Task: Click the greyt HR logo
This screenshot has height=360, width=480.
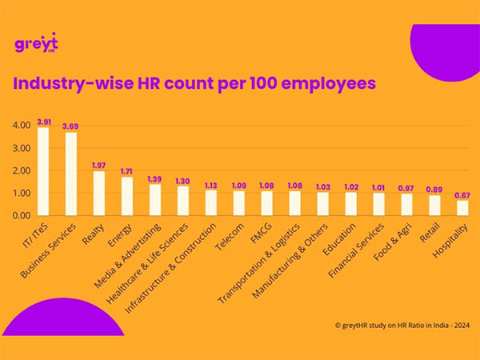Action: coord(37,44)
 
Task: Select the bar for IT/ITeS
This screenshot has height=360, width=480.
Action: coord(43,171)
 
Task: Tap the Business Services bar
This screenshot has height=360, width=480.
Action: coord(71,174)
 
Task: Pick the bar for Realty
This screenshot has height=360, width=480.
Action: coord(99,193)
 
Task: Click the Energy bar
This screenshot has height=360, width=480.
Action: coord(126,196)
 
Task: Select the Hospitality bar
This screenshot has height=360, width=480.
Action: coord(462,207)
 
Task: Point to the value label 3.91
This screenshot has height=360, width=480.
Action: coord(44,121)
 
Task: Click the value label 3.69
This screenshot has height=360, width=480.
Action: coord(71,126)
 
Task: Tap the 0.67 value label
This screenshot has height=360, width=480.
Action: coord(462,194)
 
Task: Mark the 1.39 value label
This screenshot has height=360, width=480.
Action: coord(154,178)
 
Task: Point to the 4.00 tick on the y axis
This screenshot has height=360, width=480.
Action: coord(21,126)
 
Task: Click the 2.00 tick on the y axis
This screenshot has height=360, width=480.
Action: coord(21,170)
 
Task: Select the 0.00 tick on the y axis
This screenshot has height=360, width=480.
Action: coord(21,215)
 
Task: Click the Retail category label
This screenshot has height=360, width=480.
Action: coord(429,231)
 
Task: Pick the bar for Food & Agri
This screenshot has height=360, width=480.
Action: coord(406,204)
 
